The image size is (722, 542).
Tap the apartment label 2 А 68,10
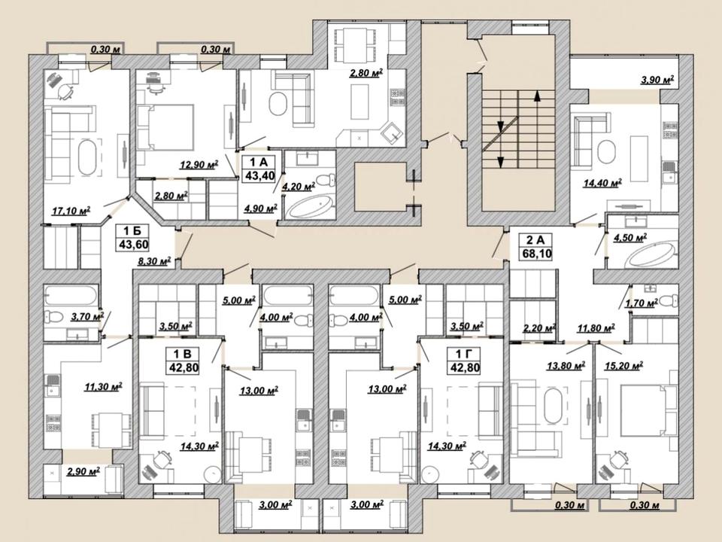pos(535,246)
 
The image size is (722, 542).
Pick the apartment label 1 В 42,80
pos(182,361)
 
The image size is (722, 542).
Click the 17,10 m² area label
pos(71,211)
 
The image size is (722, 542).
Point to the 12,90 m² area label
pos(199,164)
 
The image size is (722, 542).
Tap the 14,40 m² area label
pos(602,183)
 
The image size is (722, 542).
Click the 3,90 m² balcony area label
pos(657,80)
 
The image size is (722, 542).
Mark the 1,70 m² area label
pos(641,303)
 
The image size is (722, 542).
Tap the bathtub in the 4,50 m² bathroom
pos(650,257)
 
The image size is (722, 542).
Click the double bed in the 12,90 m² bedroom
pos(165,127)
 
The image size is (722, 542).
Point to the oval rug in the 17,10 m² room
pos(87,158)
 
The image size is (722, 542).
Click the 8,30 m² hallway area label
pos(155,261)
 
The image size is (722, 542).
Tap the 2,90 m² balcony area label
pos(83,471)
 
